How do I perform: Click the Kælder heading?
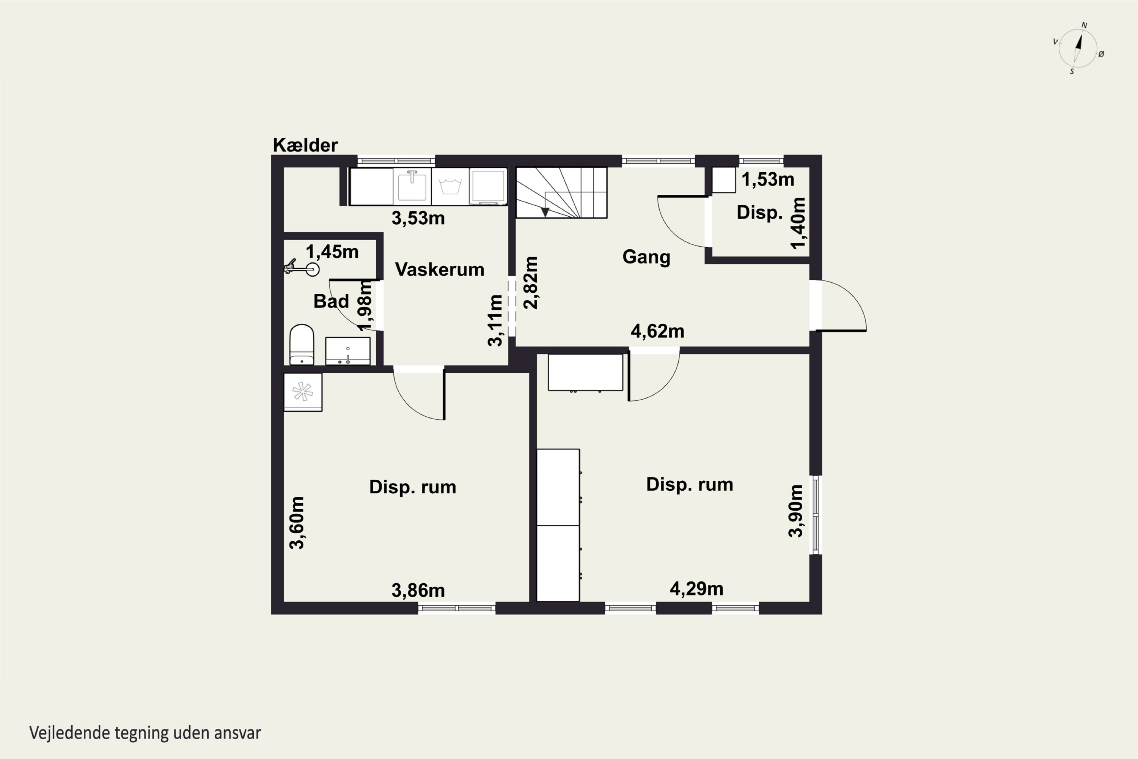305,145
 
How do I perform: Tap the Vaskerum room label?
439,269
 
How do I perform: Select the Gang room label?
646,257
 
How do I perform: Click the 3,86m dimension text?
418,591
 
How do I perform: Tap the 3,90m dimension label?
796,511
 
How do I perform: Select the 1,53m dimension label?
768,180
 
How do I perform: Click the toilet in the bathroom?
302,344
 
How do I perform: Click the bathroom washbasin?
347,351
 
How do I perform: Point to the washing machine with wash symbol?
450,186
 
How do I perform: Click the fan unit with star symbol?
302,392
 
